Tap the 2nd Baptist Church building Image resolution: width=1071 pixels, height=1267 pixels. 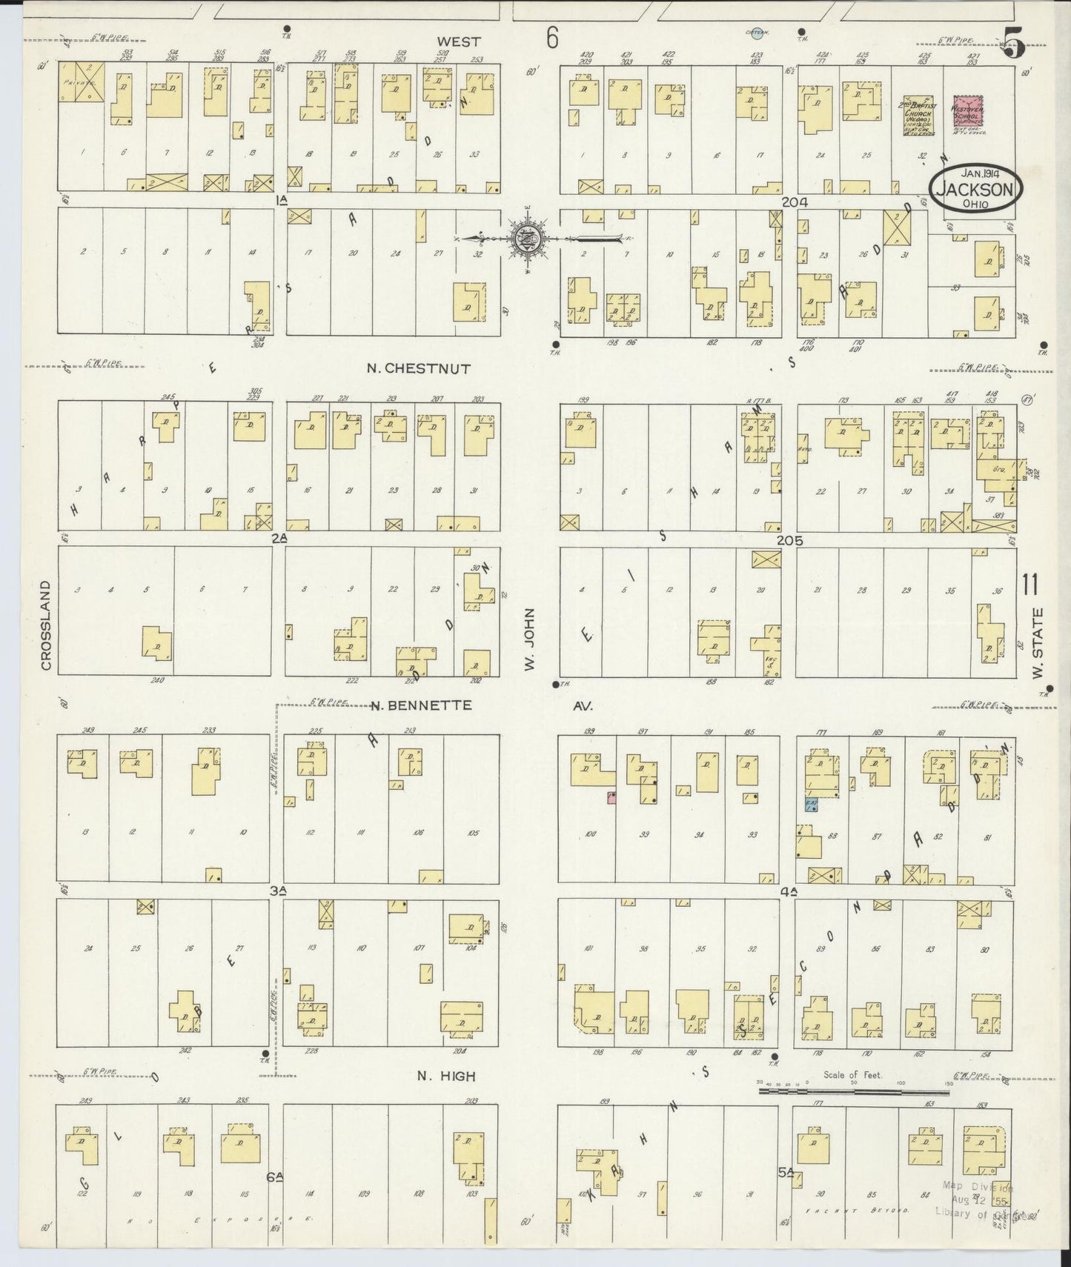(x=918, y=117)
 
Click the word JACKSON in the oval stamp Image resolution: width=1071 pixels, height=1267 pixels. (x=975, y=189)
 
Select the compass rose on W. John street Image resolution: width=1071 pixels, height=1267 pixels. (x=528, y=239)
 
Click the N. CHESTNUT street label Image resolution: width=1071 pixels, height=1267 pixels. (x=419, y=368)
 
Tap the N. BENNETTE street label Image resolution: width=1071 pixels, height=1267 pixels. (x=421, y=705)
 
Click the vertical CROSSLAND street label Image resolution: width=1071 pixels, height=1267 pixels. (x=46, y=626)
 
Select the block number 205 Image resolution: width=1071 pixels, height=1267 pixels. (x=789, y=541)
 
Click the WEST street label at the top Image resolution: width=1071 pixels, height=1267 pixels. (x=458, y=42)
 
